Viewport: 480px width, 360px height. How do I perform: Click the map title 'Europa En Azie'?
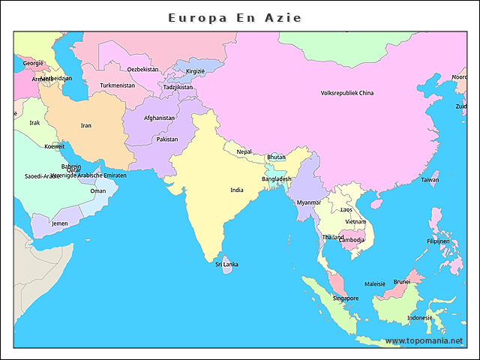(x=235, y=17)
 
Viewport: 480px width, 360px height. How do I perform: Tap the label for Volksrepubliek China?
(x=346, y=93)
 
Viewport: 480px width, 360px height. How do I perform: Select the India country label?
(x=237, y=190)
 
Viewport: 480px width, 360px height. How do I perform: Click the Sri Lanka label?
(x=227, y=264)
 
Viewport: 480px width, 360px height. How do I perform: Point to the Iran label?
(x=86, y=125)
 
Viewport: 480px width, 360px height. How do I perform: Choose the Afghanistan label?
(x=159, y=118)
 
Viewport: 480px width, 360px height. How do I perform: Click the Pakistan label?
(x=167, y=139)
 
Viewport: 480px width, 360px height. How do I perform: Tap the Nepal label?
(x=244, y=151)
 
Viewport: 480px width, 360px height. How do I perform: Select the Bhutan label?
(x=277, y=157)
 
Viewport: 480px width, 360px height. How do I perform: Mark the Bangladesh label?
(x=277, y=179)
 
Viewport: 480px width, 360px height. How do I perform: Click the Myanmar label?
(x=308, y=202)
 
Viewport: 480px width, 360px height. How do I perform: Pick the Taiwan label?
(x=430, y=180)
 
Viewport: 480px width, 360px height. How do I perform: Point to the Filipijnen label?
(x=439, y=241)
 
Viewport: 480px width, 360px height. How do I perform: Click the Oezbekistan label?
(x=142, y=69)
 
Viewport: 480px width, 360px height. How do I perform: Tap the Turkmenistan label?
(x=118, y=85)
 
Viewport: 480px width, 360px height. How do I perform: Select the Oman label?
(x=98, y=190)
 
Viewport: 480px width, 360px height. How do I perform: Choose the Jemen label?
(x=59, y=223)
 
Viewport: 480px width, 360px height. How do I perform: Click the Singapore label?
(x=346, y=298)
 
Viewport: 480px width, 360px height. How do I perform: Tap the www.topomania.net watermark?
(x=424, y=340)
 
